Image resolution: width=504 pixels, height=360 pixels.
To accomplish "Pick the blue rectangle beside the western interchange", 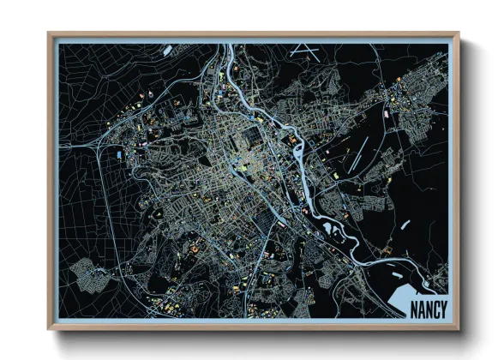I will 118,154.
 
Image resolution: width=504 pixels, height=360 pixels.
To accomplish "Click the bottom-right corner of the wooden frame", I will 459,329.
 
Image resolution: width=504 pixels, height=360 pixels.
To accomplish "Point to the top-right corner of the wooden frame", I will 459,33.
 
